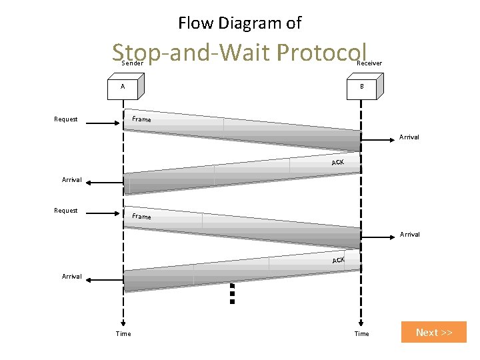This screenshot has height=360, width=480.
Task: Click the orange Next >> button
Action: pos(433,332)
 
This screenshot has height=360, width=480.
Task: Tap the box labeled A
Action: pos(123,87)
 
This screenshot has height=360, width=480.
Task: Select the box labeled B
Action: pos(361,87)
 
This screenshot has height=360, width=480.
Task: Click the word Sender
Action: pos(133,63)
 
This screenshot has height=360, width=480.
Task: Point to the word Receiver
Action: pos(370,63)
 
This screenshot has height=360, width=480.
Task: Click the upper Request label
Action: pos(66,119)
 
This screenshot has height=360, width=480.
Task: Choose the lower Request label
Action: pos(66,211)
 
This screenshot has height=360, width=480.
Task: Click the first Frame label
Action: pos(141,119)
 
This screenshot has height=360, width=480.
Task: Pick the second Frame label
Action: pos(141,217)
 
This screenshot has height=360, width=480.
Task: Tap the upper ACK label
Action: pos(338,163)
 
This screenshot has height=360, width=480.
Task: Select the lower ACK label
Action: pos(339,260)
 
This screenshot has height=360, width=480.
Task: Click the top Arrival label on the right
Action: pos(409,137)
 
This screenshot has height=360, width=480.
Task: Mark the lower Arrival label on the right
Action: pos(409,235)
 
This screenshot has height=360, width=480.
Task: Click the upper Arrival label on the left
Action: pos(72,180)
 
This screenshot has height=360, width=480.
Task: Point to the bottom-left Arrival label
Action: pos(72,276)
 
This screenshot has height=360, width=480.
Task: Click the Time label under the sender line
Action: pos(123,334)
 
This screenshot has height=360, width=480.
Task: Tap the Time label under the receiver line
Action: pos(361,334)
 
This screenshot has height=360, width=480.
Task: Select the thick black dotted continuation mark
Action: pos(232,293)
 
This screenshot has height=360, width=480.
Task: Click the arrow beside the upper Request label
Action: pos(103,123)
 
